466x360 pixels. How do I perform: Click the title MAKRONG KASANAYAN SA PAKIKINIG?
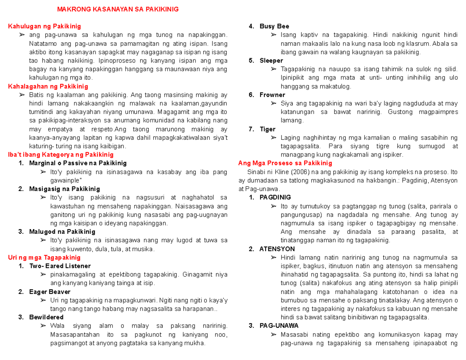[118, 9]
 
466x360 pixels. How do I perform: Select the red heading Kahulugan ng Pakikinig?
[45, 26]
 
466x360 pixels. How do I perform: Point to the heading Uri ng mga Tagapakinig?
[44, 257]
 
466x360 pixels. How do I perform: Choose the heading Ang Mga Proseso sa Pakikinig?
[285, 163]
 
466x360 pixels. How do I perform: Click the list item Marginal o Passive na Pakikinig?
[78, 163]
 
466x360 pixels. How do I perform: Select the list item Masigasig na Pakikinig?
[64, 189]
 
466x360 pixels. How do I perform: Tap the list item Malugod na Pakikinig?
[62, 231]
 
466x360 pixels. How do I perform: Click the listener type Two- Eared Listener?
[59, 266]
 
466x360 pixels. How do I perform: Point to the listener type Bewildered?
[46, 317]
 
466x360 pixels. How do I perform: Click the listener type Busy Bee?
[274, 26]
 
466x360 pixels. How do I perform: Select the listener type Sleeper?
[271, 61]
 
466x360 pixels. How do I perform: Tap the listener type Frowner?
[272, 95]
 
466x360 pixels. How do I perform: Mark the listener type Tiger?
[267, 129]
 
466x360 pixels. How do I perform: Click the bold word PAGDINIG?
[275, 197]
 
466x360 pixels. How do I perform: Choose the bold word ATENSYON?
[277, 249]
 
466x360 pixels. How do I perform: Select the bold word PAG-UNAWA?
[279, 325]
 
